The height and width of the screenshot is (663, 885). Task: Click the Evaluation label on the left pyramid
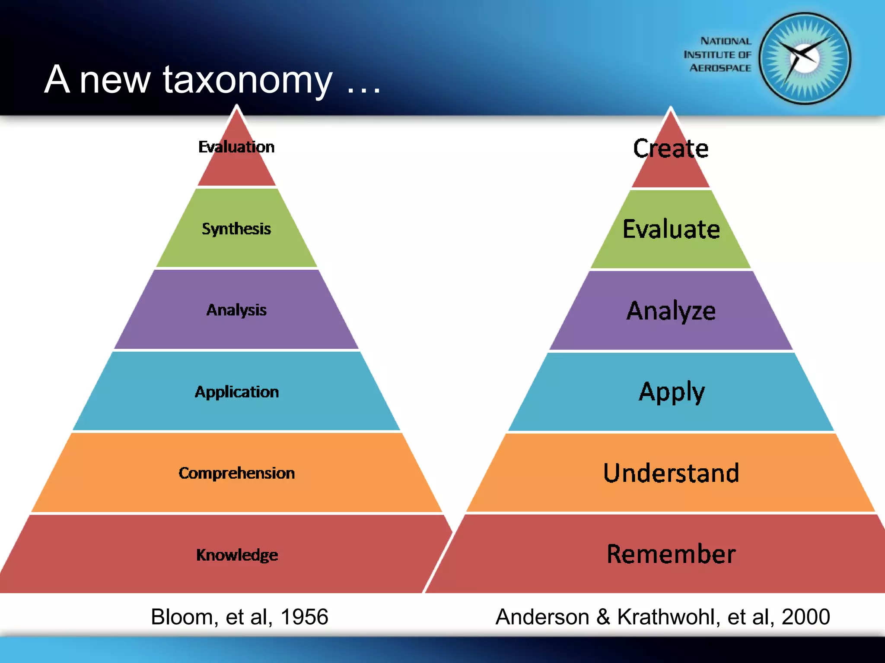[236, 147]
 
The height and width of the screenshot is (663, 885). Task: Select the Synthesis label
[236, 229]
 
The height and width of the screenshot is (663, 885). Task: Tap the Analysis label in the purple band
[236, 310]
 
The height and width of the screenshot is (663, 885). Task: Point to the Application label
[237, 392]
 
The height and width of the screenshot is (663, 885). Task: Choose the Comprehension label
[237, 473]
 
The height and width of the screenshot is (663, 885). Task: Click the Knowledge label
[237, 555]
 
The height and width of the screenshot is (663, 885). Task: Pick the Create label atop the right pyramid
[671, 148]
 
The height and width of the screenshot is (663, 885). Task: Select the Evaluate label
[671, 229]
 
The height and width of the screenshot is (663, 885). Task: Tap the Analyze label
[671, 311]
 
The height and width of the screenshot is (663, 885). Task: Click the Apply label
[672, 392]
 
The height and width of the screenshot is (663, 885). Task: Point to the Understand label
[671, 473]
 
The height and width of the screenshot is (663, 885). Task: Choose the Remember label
[671, 554]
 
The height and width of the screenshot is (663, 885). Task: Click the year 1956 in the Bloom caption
[304, 616]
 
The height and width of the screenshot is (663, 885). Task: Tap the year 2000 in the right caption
[805, 616]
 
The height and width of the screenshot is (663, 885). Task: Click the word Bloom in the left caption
[181, 616]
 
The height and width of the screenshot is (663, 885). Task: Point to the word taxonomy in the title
[248, 80]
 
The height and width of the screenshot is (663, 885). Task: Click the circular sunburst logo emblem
[805, 59]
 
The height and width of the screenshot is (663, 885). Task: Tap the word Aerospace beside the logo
[720, 68]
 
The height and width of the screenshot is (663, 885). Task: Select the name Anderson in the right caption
[542, 616]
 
